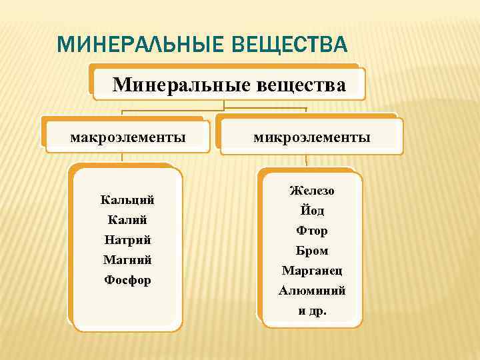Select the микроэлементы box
tap(311, 137)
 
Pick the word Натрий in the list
tap(127, 240)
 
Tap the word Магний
tap(127, 260)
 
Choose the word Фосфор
tap(127, 280)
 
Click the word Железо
tap(312, 191)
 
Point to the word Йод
tap(312, 211)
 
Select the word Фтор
tap(312, 231)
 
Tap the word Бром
tap(312, 251)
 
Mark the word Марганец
tap(312, 271)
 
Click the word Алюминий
tap(312, 291)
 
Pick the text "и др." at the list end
tap(312, 311)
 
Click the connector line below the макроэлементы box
tap(122, 157)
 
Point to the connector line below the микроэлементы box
tap(306, 160)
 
